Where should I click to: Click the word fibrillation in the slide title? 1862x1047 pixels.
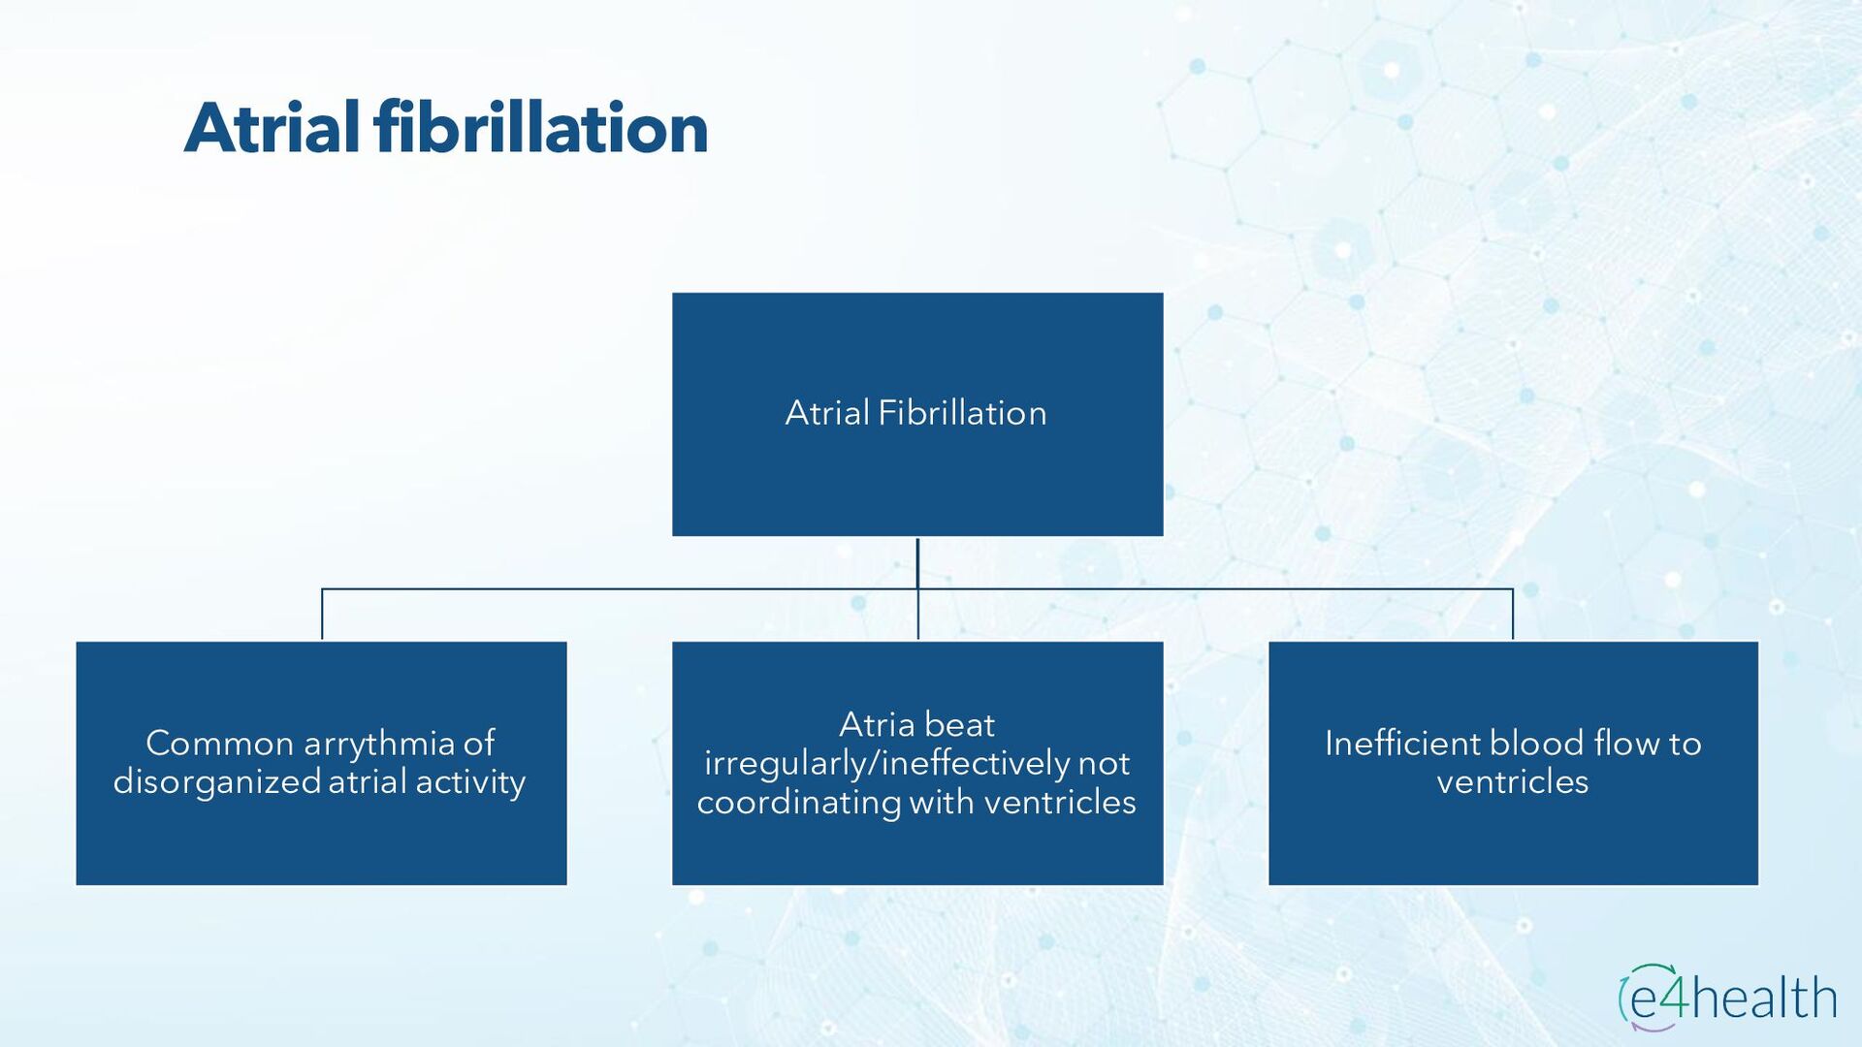click(x=540, y=128)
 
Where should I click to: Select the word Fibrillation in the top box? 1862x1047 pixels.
click(x=962, y=413)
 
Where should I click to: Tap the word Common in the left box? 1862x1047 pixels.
click(x=219, y=744)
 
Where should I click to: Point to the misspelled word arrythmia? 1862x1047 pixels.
click(x=379, y=744)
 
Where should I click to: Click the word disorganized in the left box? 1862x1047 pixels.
click(x=216, y=781)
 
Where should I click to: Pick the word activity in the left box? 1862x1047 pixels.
click(x=470, y=781)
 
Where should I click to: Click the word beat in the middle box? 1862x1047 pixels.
click(x=959, y=725)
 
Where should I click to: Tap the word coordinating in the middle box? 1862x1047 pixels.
click(x=798, y=802)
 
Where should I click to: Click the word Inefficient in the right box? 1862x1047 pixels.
click(x=1401, y=744)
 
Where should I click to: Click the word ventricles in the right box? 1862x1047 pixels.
click(x=1512, y=781)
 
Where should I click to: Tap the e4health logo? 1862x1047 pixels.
click(x=1727, y=998)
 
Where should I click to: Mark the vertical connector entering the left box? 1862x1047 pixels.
click(x=322, y=615)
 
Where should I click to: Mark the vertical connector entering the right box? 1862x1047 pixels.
click(x=1512, y=615)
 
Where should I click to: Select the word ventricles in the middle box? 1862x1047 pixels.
click(x=1060, y=802)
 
